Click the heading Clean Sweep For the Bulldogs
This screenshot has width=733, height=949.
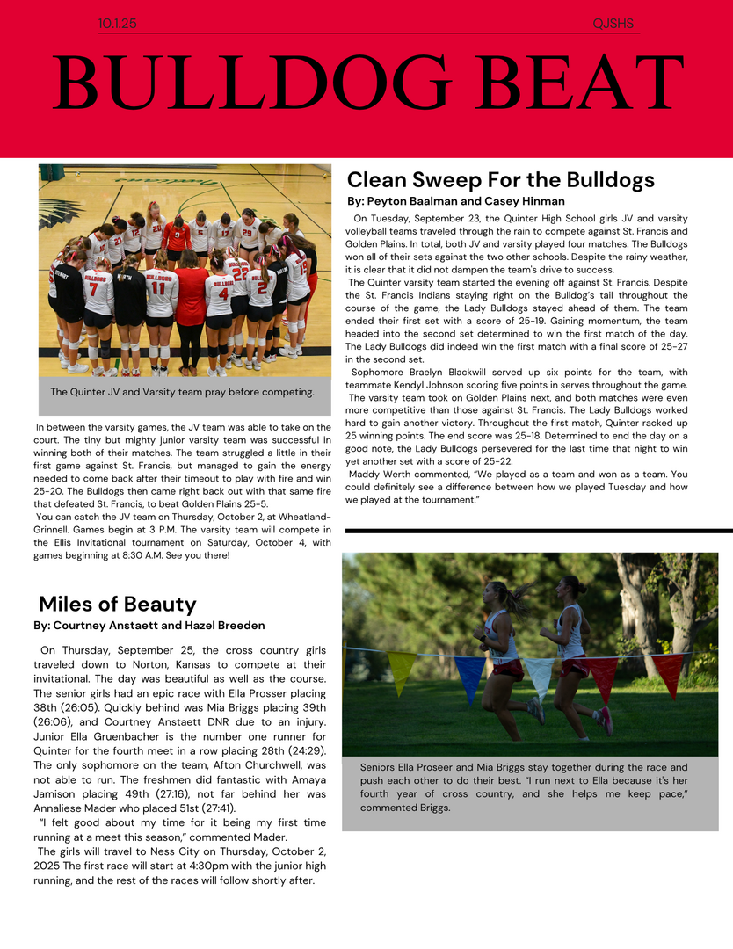point(501,180)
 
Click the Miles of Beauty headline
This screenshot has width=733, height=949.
point(117,604)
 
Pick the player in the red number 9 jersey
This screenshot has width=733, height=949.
point(177,235)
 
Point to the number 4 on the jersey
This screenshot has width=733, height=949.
point(223,294)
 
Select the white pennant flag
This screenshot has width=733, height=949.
point(537,675)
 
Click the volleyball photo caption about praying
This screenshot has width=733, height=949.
point(182,392)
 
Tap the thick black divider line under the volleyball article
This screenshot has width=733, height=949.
point(538,531)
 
